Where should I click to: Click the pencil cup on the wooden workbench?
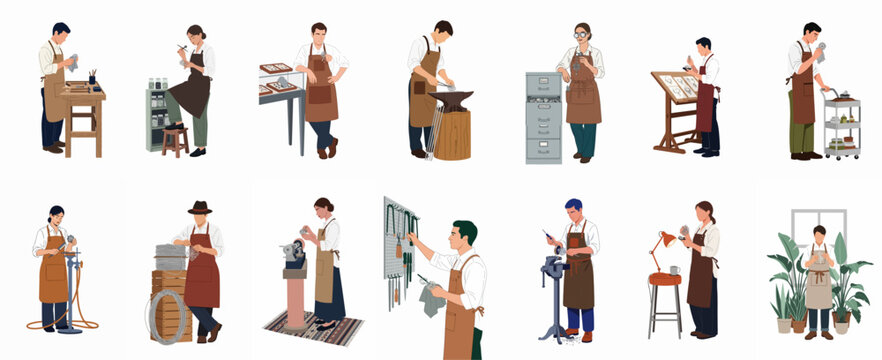pos(91,77)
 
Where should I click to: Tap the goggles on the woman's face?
pos(581,35)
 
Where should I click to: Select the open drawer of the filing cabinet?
pos(543,99)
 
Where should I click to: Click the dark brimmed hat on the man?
pos(200,207)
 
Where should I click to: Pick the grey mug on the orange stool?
pos(675,270)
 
